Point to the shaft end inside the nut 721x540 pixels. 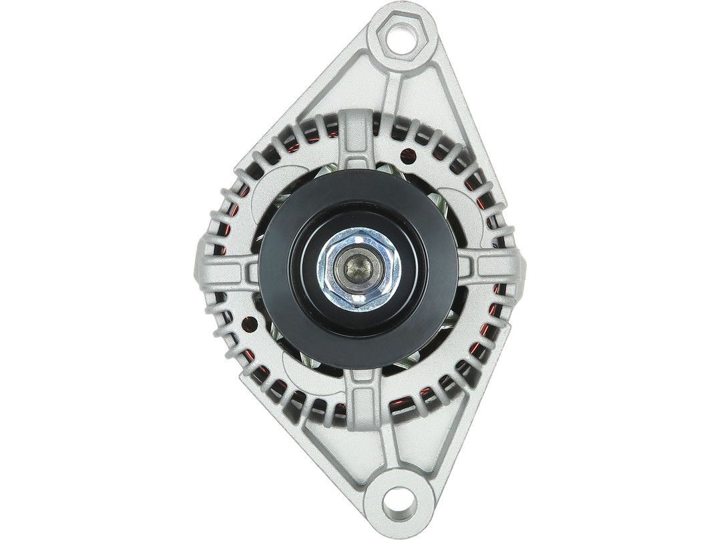click(360, 266)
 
